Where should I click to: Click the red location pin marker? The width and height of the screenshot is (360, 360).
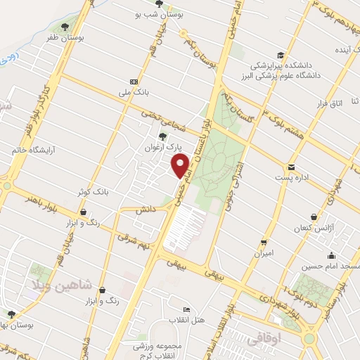tap(181, 166)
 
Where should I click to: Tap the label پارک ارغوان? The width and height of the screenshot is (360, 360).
tap(169, 148)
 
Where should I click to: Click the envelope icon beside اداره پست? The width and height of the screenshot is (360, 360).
tap(290, 167)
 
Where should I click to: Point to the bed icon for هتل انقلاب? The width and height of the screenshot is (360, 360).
tap(186, 310)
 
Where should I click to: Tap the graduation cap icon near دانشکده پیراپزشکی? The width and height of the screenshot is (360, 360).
tap(280, 56)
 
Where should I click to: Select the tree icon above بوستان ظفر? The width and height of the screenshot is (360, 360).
tap(65, 27)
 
